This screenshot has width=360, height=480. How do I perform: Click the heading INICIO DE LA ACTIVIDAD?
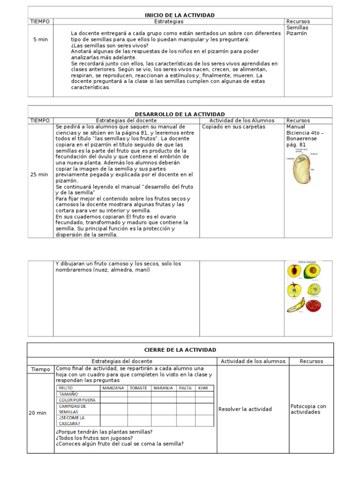coord(180,15)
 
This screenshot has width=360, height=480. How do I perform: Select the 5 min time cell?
coord(40,39)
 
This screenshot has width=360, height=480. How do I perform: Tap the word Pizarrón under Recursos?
coord(297,34)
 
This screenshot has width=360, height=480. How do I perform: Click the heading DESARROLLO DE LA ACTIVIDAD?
coord(180,114)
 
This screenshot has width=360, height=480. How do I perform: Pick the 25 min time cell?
coord(39,174)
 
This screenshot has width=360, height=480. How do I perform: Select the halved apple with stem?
coord(294,290)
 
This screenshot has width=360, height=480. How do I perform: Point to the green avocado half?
coord(311,272)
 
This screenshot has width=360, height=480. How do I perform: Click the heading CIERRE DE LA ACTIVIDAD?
coord(180,350)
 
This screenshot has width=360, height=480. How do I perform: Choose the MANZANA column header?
coord(113,388)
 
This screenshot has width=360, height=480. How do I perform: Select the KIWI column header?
coord(203,388)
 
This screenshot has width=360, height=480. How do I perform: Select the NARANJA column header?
coord(163,388)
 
